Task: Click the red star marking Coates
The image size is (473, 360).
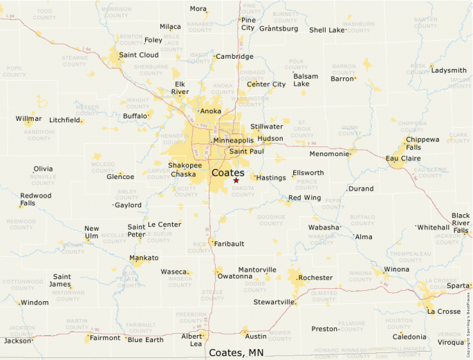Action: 236,180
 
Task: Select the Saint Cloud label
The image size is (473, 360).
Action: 138,55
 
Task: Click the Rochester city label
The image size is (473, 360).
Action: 315,278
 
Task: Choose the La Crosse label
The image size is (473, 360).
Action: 443,311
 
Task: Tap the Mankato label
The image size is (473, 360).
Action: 144,258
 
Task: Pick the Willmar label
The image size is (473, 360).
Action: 28,118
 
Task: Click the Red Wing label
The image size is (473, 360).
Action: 304,198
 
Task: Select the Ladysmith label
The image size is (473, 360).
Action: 448,70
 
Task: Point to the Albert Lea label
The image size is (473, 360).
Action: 192,339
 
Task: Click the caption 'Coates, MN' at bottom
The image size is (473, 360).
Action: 236,353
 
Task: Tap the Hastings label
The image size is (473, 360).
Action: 270,178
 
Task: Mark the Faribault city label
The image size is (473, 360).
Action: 229,244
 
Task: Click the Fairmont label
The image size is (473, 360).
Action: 105,338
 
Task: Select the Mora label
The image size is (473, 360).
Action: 198,9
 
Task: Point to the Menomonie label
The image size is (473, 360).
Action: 329,153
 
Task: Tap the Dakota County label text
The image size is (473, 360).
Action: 243,191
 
